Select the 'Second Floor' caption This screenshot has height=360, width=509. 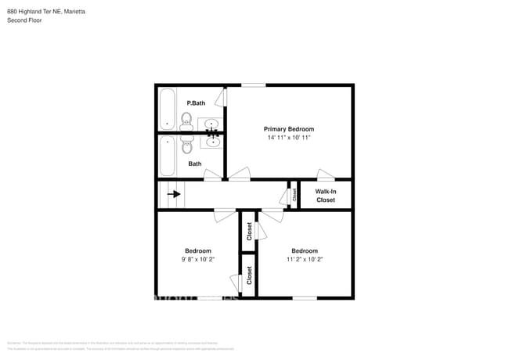click(x=24, y=20)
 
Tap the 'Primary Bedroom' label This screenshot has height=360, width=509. click(x=289, y=129)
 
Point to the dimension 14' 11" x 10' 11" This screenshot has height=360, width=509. click(x=289, y=138)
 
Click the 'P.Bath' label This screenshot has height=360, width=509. click(x=196, y=103)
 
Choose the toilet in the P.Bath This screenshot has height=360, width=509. click(x=186, y=120)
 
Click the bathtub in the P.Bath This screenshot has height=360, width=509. click(x=167, y=110)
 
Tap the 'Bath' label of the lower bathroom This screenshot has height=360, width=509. click(x=195, y=164)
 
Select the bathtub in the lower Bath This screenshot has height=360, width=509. click(x=167, y=157)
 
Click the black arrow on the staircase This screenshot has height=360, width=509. click(x=173, y=194)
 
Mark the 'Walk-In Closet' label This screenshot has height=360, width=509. click(x=326, y=196)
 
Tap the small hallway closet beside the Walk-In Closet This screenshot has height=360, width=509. click(x=294, y=195)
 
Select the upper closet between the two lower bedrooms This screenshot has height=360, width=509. click(x=249, y=231)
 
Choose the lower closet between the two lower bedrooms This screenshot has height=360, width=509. click(x=249, y=275)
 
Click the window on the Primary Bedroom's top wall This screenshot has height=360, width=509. click(x=253, y=85)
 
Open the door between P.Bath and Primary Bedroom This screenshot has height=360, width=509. click(x=223, y=96)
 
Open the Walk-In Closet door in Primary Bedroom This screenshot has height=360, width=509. click(x=325, y=175)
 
